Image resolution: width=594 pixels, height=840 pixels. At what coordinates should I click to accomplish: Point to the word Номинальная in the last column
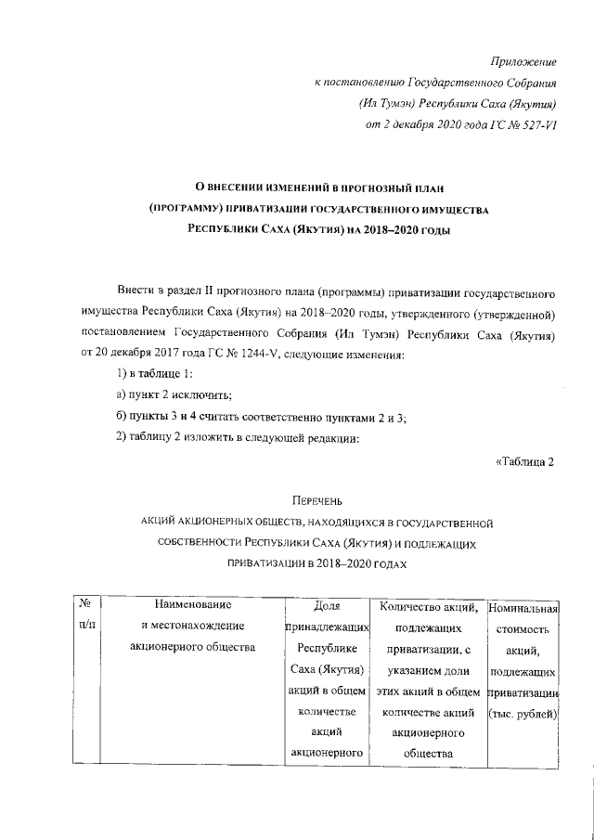point(522,609)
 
